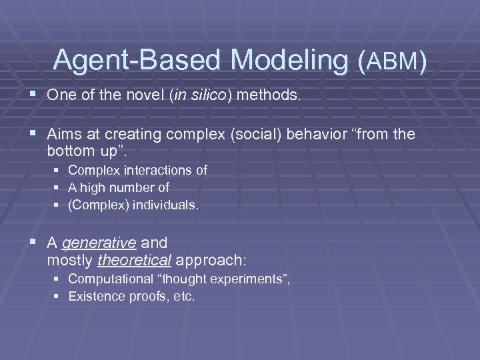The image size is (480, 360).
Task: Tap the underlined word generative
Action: coord(89,243)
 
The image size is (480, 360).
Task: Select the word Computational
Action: coord(110,279)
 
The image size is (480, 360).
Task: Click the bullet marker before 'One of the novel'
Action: coord(33,95)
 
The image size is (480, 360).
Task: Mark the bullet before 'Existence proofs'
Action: coord(58,296)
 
